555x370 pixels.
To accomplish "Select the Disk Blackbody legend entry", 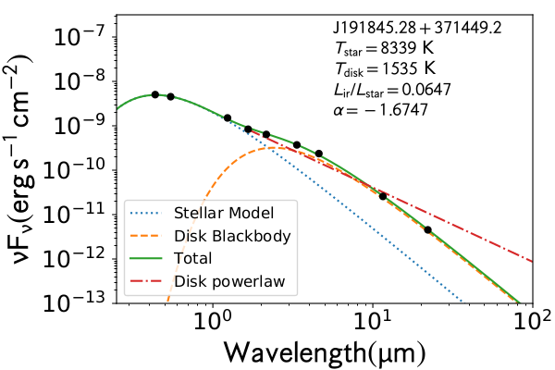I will (222, 235).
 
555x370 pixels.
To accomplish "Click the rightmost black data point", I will (427, 229).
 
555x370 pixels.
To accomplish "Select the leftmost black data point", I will (155, 94).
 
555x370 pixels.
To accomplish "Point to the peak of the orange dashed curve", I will (267, 148).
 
